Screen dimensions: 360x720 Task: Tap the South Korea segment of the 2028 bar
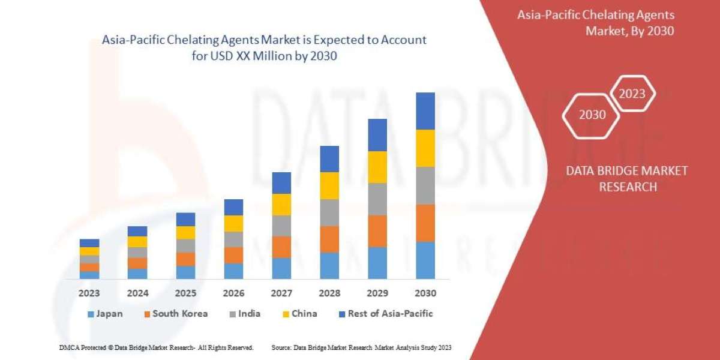coord(329,239)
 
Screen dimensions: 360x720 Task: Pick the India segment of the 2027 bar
coord(281,226)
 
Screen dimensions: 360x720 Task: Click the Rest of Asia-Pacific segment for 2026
coord(233,207)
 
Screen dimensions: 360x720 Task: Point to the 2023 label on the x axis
coord(89,293)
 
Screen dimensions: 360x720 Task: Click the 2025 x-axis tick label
coord(185,293)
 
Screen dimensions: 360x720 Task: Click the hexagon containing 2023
coord(632,94)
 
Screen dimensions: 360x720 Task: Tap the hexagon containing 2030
coord(592,115)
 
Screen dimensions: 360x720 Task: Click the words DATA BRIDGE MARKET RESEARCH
coord(627,179)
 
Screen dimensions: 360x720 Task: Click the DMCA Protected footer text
coord(156,347)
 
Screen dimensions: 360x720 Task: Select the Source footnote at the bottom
coord(361,347)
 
